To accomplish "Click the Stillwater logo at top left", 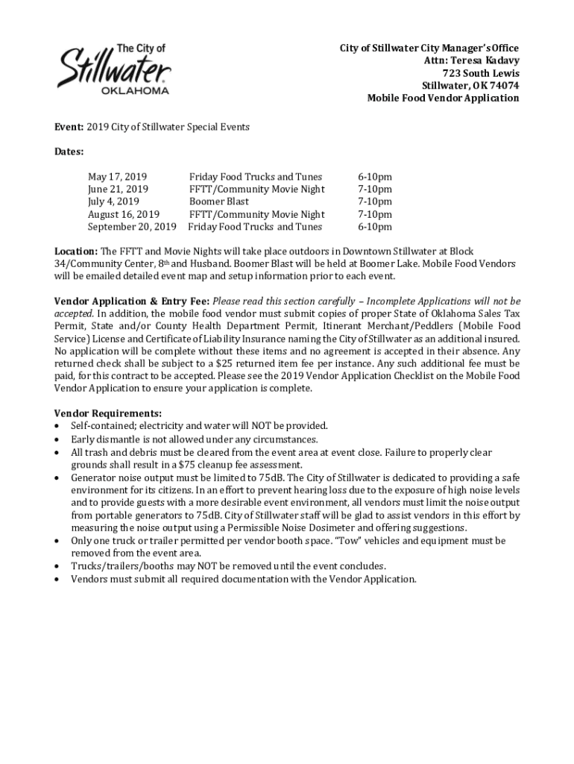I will (114, 69).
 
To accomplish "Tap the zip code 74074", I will (503, 85).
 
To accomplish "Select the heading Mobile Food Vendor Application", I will (443, 98).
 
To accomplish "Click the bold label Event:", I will (69, 127).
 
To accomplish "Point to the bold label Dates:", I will (69, 151).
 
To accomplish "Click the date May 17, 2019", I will (117, 177).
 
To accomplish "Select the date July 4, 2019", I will (113, 201).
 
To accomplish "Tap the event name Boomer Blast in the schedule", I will (218, 201).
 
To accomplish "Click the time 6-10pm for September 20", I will (374, 227).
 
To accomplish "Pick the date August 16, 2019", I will (123, 214).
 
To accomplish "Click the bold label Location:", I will (76, 251).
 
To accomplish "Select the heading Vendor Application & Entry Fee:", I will (132, 301).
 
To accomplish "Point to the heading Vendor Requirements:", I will (107, 413).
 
